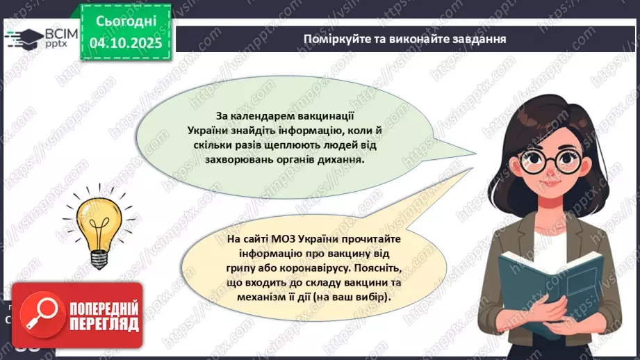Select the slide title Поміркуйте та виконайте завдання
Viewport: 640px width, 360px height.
tap(404, 38)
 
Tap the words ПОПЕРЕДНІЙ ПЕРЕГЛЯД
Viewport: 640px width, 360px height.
tap(102, 316)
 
